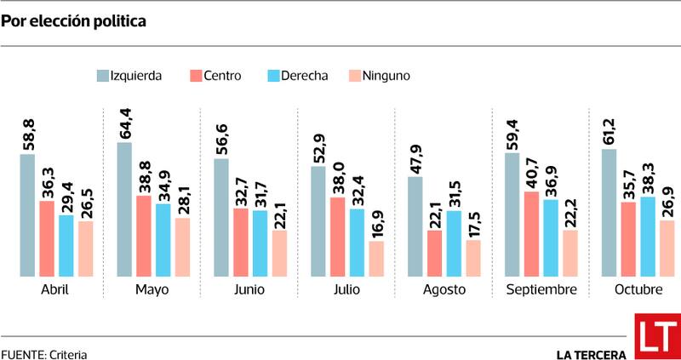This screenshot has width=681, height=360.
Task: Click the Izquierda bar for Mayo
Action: click(x=124, y=209)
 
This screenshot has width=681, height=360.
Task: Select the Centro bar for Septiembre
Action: click(x=531, y=234)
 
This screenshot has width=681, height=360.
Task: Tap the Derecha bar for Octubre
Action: click(x=648, y=237)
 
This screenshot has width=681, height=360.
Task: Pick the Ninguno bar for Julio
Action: click(x=376, y=259)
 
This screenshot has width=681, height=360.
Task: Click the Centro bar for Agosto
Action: click(x=434, y=254)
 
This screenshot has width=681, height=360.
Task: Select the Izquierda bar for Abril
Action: click(x=27, y=215)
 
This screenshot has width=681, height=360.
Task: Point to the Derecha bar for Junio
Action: click(x=260, y=243)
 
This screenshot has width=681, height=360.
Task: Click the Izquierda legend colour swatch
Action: click(x=101, y=76)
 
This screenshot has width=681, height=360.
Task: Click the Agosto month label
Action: click(x=444, y=290)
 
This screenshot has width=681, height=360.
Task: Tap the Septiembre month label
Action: click(x=541, y=290)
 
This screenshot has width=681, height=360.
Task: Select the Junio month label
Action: click(x=249, y=290)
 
